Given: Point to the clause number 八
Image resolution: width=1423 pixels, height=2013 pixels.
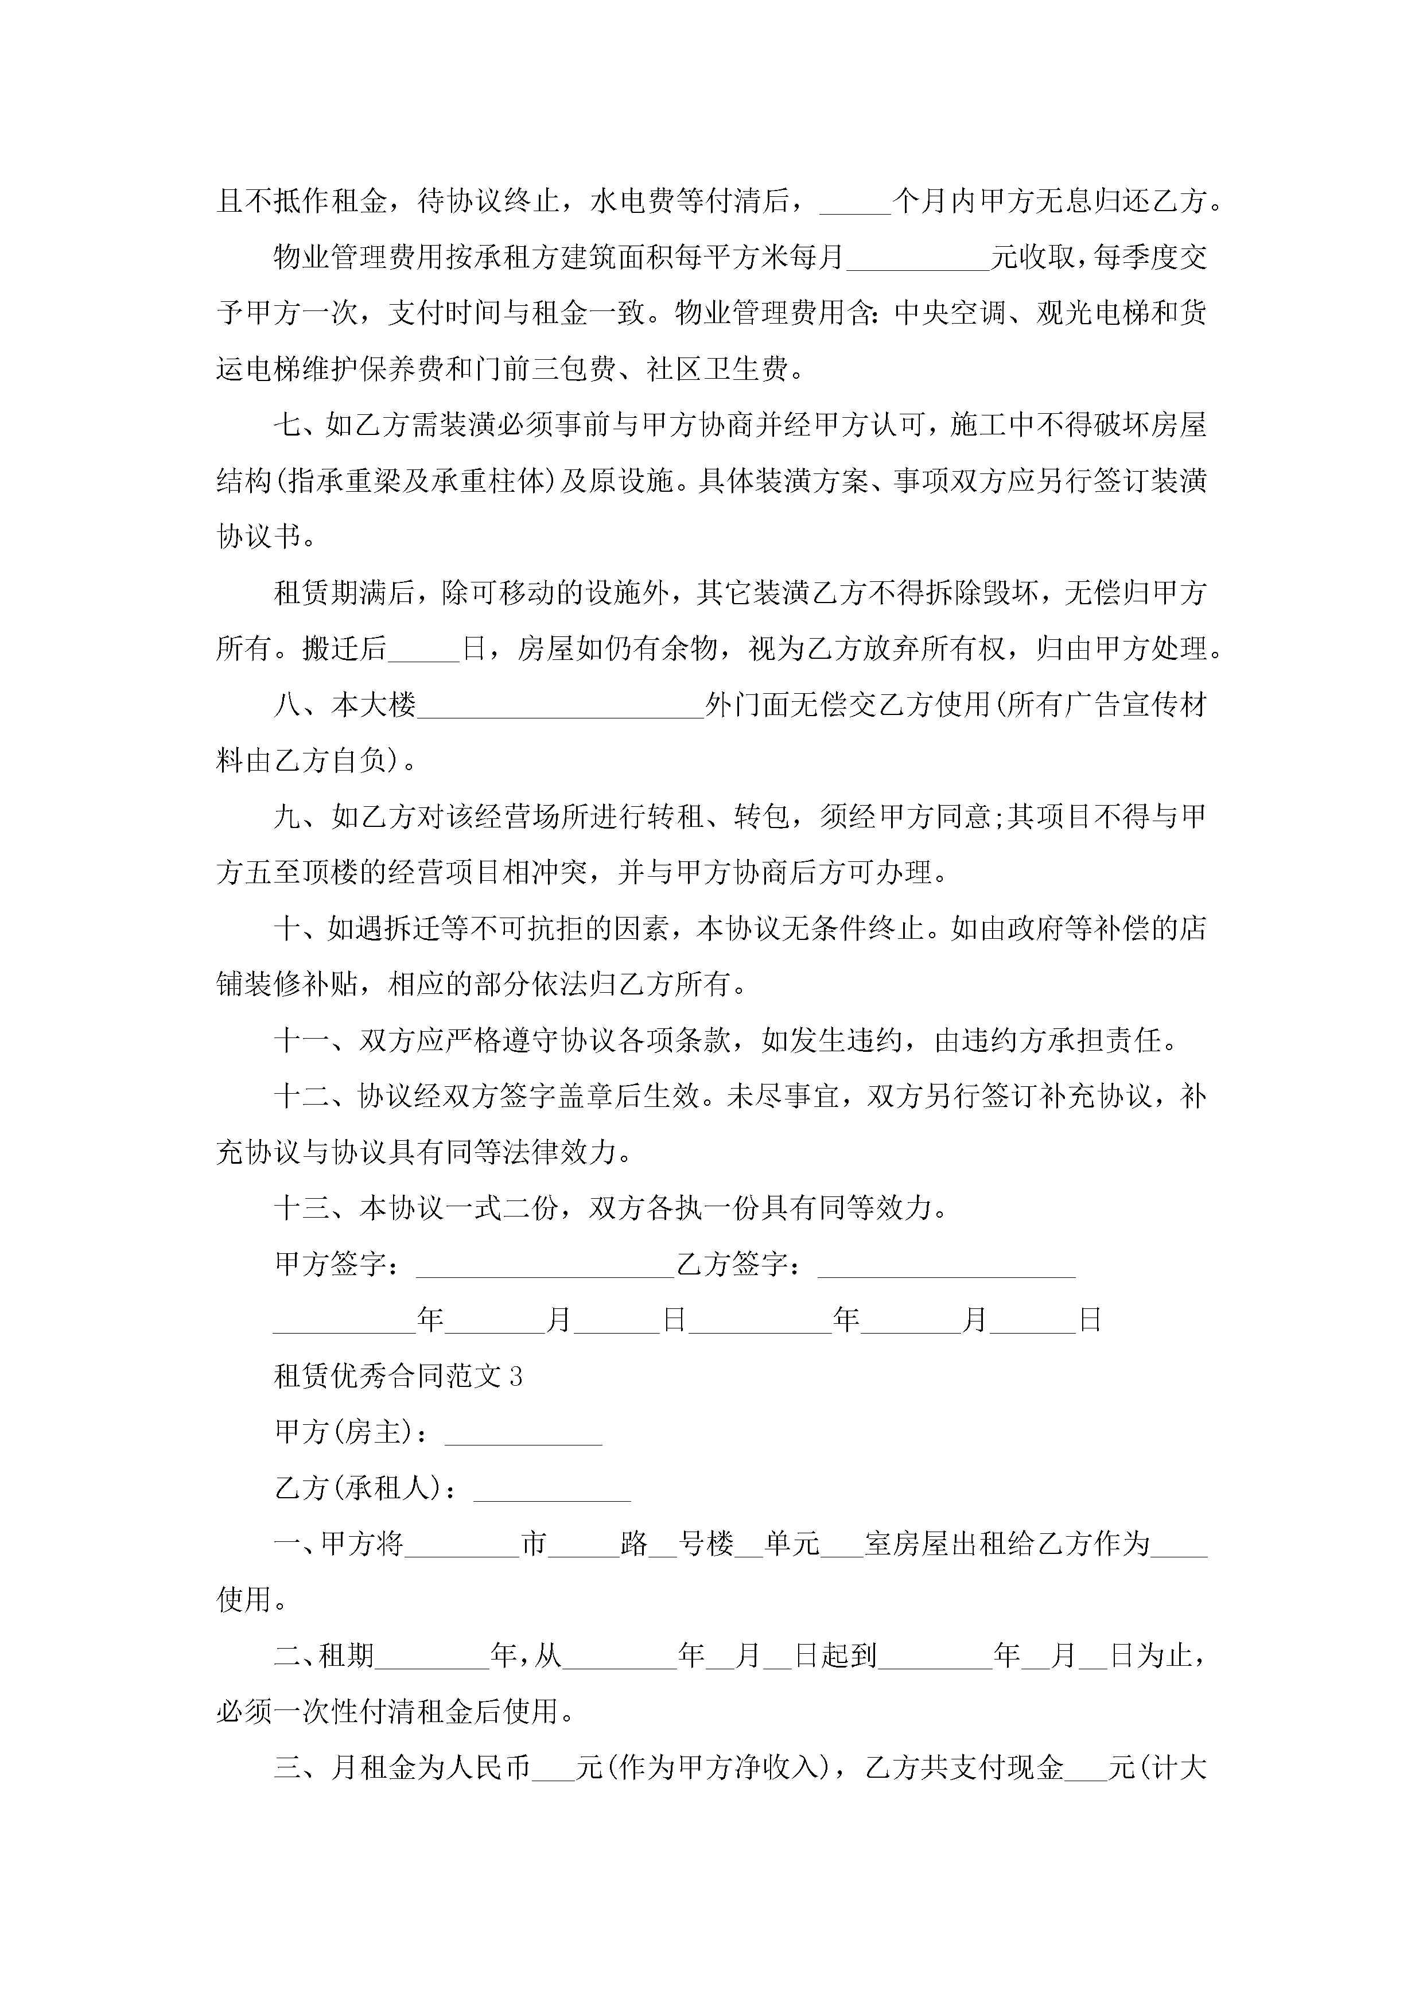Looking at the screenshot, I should (x=287, y=705).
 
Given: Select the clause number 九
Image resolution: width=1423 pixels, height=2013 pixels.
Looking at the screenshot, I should (x=287, y=817).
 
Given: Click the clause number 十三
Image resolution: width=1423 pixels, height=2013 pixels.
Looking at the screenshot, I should (x=302, y=1208).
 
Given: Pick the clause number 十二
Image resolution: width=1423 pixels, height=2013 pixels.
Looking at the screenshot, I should (x=302, y=1097).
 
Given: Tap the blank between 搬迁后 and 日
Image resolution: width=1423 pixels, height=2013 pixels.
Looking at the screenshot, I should (x=423, y=651).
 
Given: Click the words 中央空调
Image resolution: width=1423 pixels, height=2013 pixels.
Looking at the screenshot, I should (x=950, y=313).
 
